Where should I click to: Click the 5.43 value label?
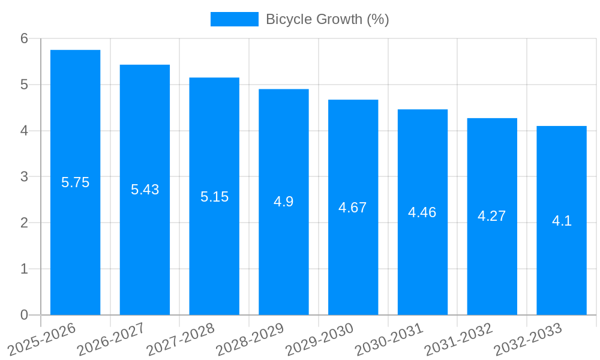coord(145,190)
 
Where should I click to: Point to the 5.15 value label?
coord(214,197)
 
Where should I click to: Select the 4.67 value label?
coord(353,208)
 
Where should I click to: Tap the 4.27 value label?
coord(492,216)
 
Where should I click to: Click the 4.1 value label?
coord(562,221)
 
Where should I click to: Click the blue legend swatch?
coord(234,19)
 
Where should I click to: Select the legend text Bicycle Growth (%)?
coord(328,19)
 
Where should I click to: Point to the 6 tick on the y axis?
coord(24,38)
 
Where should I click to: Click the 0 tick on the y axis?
coord(24,315)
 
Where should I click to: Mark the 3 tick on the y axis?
coord(24,177)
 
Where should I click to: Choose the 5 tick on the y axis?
coord(24,85)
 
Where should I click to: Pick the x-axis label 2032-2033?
coord(528,338)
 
